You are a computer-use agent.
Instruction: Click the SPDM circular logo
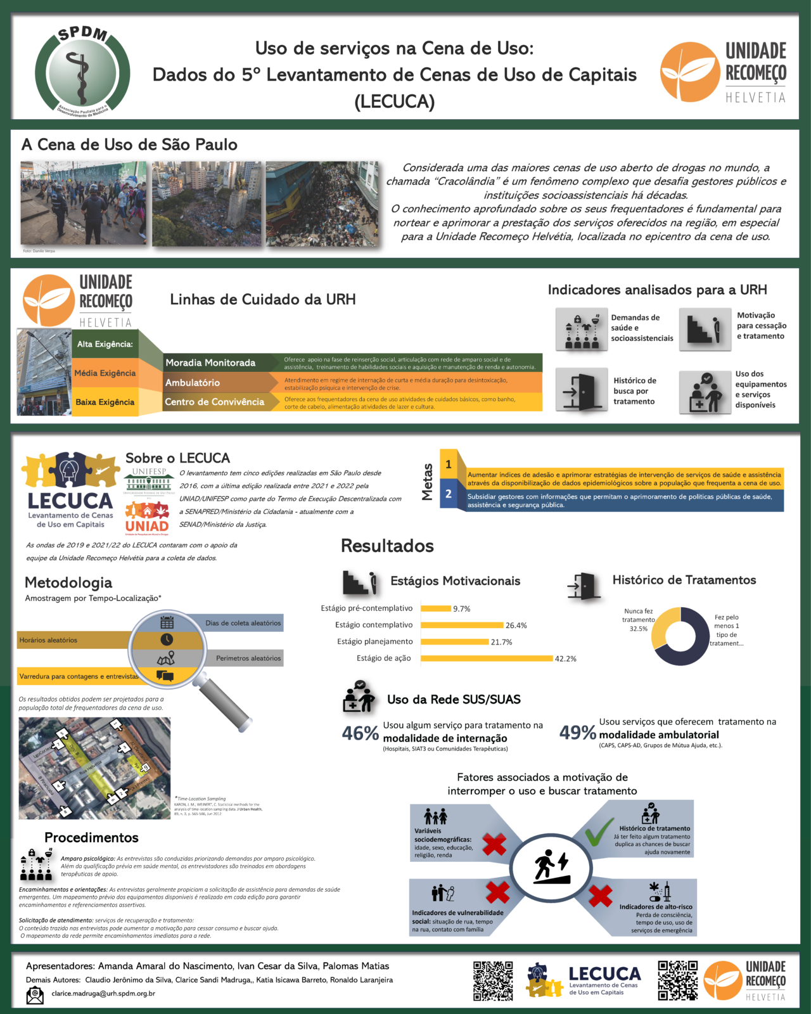pyautogui.click(x=82, y=71)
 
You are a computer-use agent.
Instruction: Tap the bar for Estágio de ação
pyautogui.click(x=487, y=658)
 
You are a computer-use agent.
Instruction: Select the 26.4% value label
pyautogui.click(x=516, y=626)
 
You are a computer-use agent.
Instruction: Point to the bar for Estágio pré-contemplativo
pyautogui.click(x=435, y=608)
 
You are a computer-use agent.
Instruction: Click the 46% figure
pyautogui.click(x=360, y=733)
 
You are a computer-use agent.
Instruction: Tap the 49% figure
pyautogui.click(x=577, y=733)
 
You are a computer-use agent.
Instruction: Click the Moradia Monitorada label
pyautogui.click(x=210, y=363)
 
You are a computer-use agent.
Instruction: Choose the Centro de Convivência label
pyautogui.click(x=214, y=402)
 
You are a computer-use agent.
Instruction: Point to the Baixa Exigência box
pyautogui.click(x=105, y=402)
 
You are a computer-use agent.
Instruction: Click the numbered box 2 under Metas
pyautogui.click(x=449, y=494)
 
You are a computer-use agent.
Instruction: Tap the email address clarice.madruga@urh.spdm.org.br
pyautogui.click(x=103, y=993)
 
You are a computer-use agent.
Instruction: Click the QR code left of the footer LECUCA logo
pyautogui.click(x=493, y=980)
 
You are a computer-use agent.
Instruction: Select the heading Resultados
pyautogui.click(x=387, y=546)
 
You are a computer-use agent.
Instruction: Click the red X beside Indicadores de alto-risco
pyautogui.click(x=600, y=895)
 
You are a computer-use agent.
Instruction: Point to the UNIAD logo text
pyautogui.click(x=147, y=525)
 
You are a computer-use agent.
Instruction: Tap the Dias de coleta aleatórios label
pyautogui.click(x=243, y=623)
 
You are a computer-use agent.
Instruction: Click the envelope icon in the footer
pyautogui.click(x=35, y=996)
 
